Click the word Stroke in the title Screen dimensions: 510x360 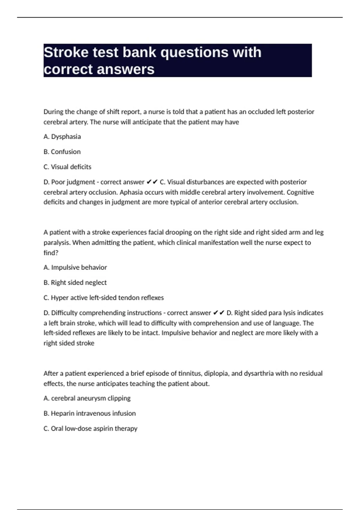click(66, 52)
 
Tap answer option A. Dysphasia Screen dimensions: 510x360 click(62, 136)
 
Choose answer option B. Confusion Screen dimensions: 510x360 click(62, 152)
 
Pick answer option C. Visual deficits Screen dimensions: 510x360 click(67, 167)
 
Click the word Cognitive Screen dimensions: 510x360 click(300, 192)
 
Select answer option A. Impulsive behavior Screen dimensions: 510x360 click(75, 267)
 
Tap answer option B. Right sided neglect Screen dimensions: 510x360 click(75, 283)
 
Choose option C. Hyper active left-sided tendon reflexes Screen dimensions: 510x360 click(104, 298)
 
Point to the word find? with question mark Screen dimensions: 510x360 click(51, 253)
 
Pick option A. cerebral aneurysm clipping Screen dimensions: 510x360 click(87, 398)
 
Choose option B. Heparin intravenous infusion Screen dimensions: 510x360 click(90, 413)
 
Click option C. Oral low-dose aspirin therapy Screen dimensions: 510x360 click(91, 428)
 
